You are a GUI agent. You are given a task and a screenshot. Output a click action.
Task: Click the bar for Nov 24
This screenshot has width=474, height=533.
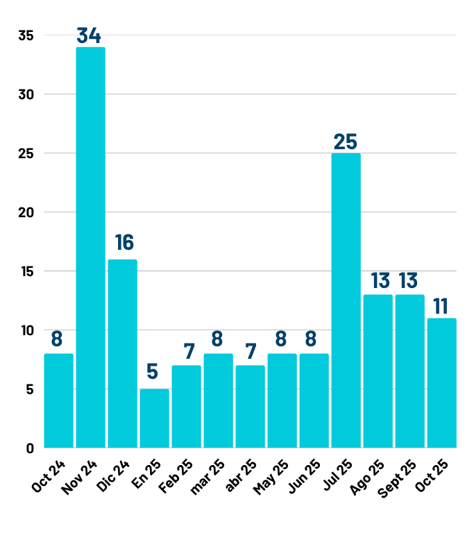point(90,247)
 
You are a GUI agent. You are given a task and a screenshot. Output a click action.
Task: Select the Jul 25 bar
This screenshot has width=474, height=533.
point(346,300)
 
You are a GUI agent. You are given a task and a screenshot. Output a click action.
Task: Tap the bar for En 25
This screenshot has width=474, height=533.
point(154,418)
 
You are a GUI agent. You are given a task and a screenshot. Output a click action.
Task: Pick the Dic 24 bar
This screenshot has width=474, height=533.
point(122,353)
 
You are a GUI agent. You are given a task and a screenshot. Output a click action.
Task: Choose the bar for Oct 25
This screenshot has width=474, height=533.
point(441,382)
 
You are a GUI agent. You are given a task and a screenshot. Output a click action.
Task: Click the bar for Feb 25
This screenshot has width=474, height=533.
point(186,406)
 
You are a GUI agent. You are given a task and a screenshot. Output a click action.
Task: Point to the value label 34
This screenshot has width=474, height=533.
point(90,35)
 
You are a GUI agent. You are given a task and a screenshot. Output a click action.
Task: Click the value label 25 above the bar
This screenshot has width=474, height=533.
point(345,142)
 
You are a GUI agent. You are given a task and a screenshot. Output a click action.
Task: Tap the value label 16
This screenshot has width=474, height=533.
point(124,242)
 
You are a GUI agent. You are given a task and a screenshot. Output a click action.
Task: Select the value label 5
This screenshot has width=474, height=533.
point(153,372)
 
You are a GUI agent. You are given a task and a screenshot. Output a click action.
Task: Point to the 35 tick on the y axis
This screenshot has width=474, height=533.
point(26,35)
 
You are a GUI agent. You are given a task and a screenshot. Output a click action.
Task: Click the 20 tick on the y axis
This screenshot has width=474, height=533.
point(26,212)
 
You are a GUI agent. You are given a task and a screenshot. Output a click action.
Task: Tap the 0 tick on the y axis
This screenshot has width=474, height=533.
point(30,448)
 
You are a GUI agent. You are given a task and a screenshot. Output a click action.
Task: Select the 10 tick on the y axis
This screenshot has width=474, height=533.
point(26,330)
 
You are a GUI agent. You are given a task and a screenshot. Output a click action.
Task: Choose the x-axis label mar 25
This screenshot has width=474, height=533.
point(207,477)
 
